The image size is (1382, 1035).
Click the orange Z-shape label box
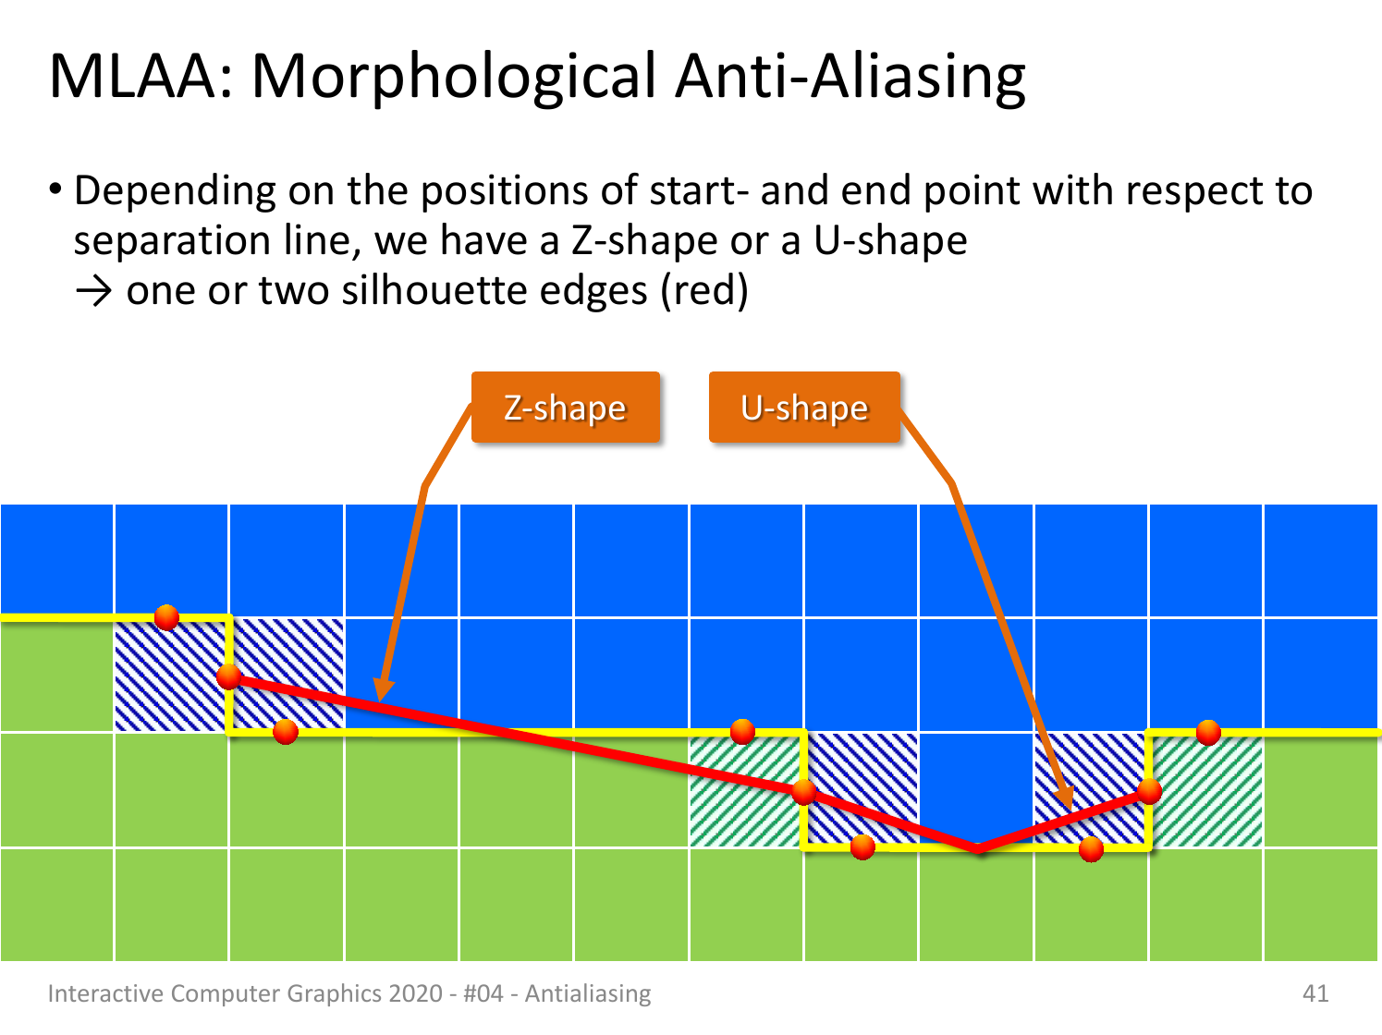coord(566,408)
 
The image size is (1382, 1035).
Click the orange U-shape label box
coord(804,408)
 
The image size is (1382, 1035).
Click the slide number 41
coord(1315,993)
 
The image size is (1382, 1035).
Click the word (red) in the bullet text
coord(704,292)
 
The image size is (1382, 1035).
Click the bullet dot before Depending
coord(55,189)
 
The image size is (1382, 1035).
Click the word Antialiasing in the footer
coord(588,994)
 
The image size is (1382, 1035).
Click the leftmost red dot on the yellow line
coord(166,617)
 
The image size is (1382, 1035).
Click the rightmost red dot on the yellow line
coord(1208,733)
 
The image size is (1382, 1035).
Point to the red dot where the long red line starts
coord(228,677)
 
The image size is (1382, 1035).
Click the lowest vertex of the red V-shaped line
coord(978,850)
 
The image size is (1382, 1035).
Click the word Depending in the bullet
coord(175,191)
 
